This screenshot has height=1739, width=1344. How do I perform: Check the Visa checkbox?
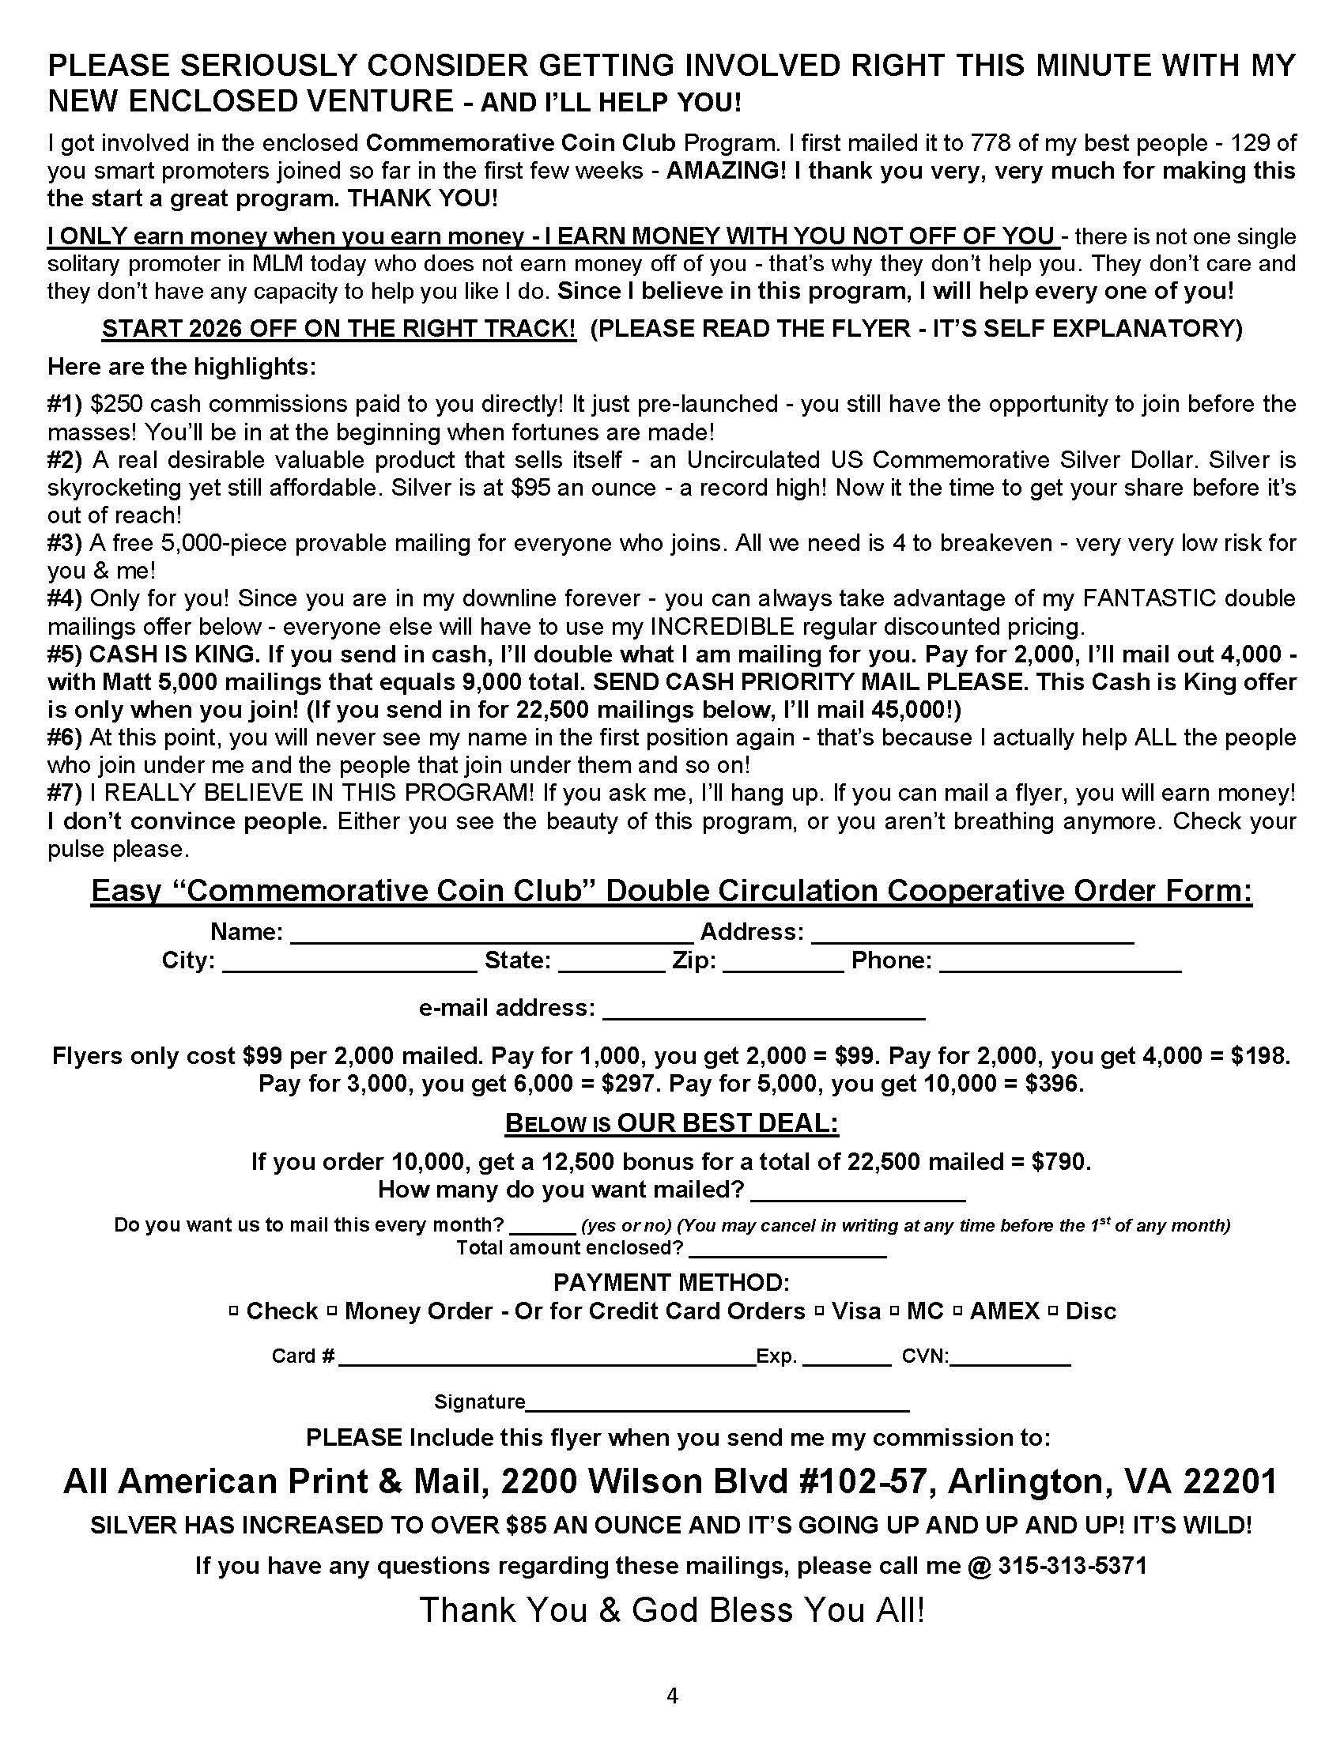point(819,1311)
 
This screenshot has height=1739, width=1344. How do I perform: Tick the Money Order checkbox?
point(332,1311)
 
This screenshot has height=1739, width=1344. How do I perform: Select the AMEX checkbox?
point(958,1311)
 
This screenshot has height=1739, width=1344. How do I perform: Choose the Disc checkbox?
point(1053,1311)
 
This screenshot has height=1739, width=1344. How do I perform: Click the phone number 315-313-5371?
point(1073,1566)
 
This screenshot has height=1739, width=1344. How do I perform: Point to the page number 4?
point(672,1697)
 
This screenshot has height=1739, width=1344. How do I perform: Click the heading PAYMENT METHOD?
point(671,1283)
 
